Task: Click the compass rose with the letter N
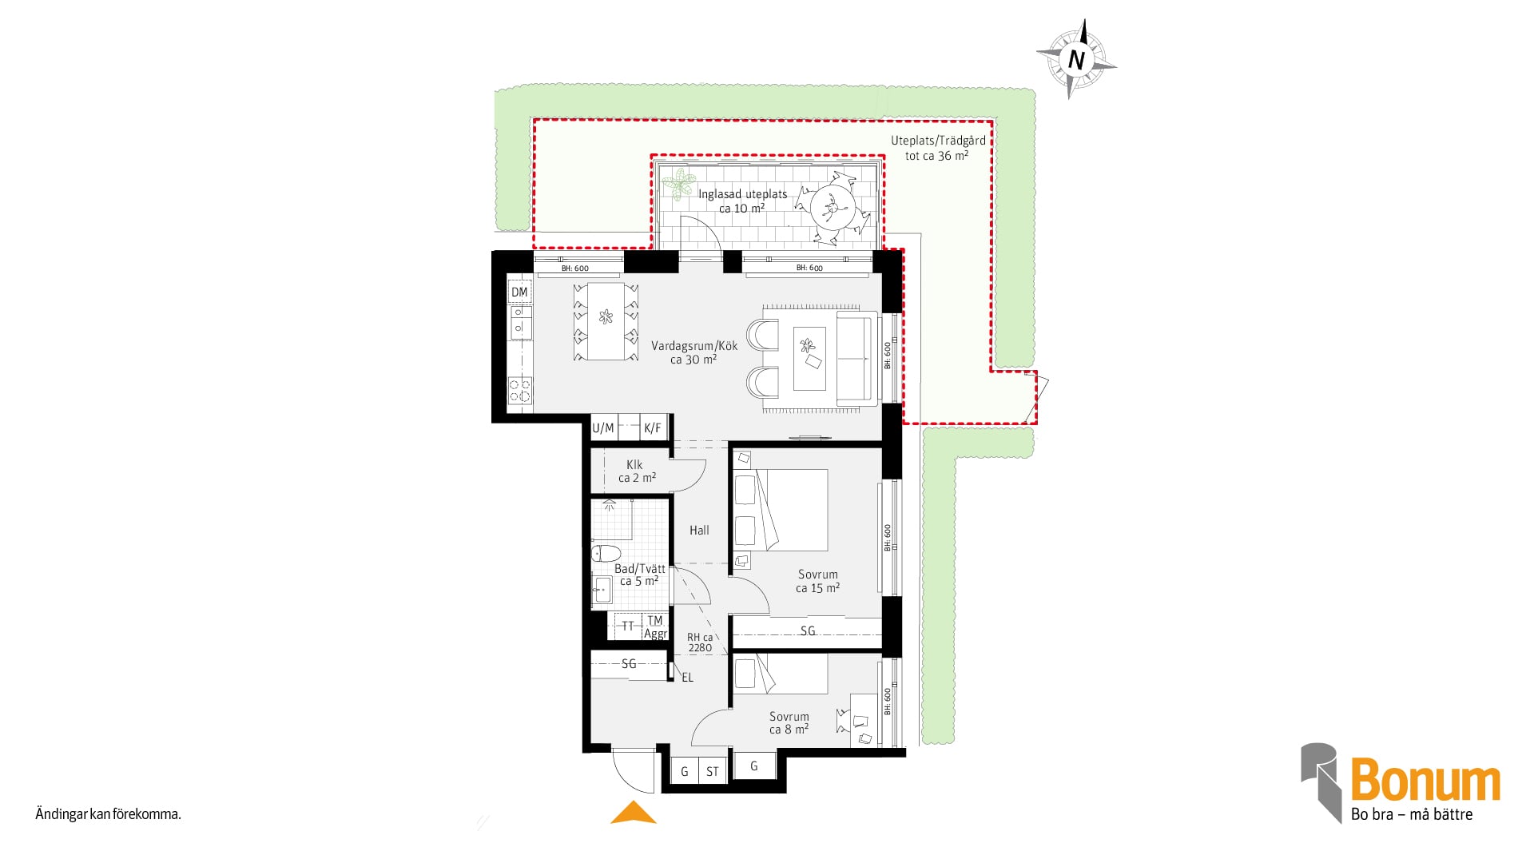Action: pos(1076,59)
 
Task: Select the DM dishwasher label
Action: pos(519,292)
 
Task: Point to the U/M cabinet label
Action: pos(603,428)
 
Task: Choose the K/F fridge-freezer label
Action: pos(653,428)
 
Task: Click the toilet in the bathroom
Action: pos(606,553)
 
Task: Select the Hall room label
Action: pos(699,530)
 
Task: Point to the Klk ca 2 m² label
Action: pos(637,471)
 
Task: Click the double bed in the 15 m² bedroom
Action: pos(790,510)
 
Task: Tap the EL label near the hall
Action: pos(687,678)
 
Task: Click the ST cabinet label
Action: pos(712,772)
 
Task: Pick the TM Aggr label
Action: pos(655,627)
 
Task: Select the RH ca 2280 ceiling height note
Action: pos(700,642)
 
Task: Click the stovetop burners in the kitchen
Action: pos(520,391)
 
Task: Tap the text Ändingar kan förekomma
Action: pos(109,815)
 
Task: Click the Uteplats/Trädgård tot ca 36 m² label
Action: pos(938,148)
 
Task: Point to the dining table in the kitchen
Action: pos(606,321)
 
